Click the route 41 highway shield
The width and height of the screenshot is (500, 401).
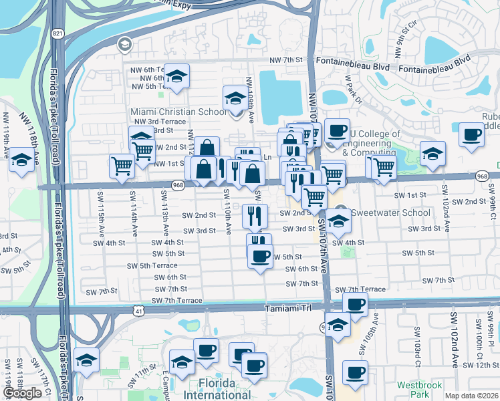138,311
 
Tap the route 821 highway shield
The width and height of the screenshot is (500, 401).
58,33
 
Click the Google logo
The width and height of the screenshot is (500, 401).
22,393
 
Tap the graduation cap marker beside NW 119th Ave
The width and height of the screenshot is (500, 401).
21,160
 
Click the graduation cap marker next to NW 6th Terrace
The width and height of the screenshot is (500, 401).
176,76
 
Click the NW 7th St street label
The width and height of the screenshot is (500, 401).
287,61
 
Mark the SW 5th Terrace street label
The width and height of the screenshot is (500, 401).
152,265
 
